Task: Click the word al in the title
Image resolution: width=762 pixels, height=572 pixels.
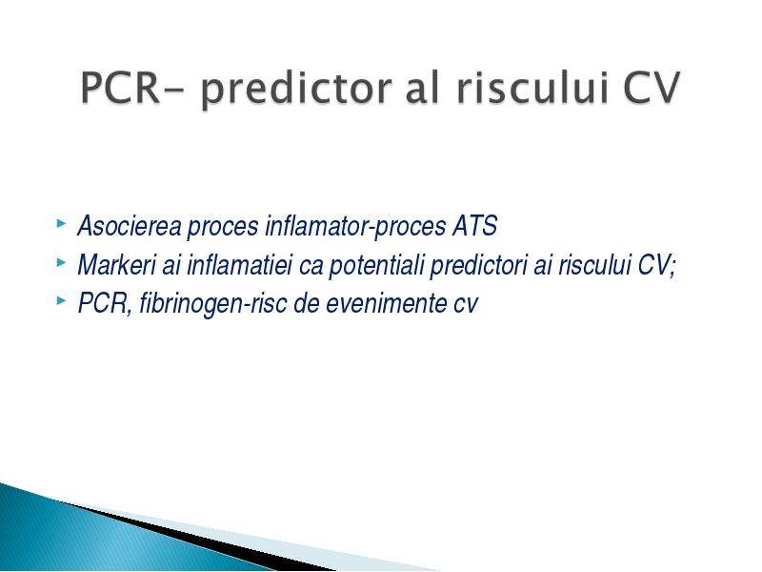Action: click(x=423, y=88)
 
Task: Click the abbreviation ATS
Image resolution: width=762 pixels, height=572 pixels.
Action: click(x=474, y=226)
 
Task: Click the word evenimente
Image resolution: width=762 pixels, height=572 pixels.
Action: click(x=387, y=304)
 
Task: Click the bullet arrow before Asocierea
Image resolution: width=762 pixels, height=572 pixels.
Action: click(x=61, y=224)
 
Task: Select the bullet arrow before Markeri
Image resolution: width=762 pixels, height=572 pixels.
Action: click(x=61, y=263)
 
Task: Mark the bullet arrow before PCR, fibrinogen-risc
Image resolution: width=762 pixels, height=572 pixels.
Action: click(x=61, y=301)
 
